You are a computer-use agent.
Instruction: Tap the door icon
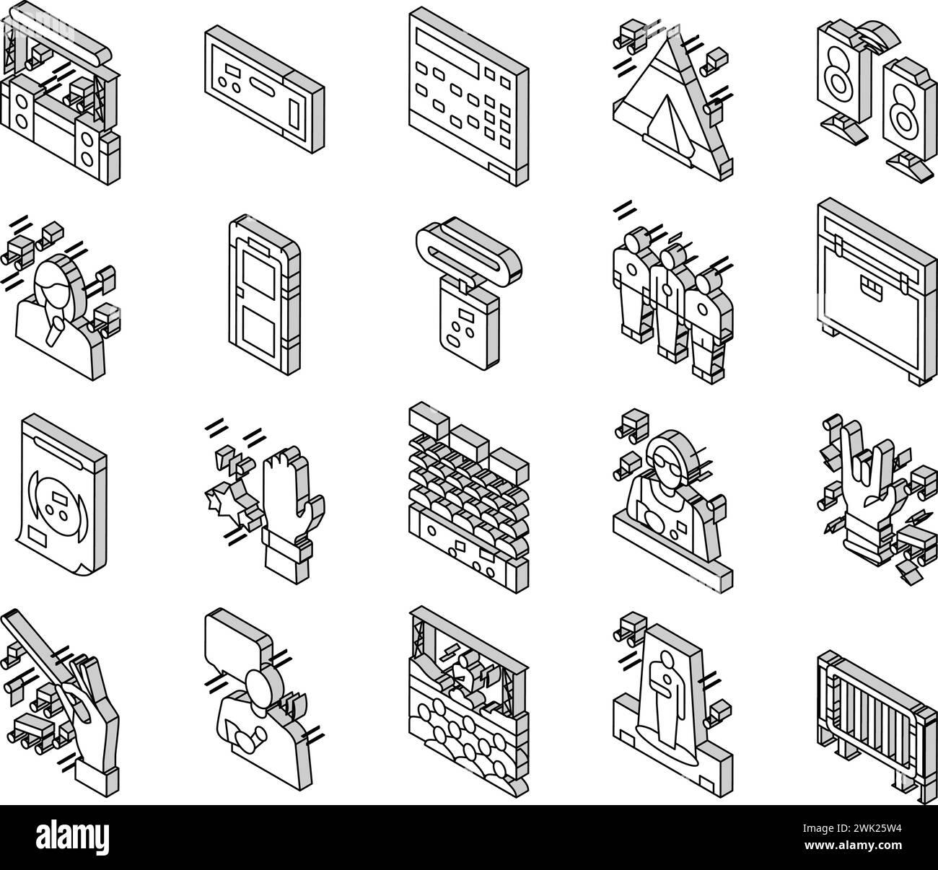coord(263,299)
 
